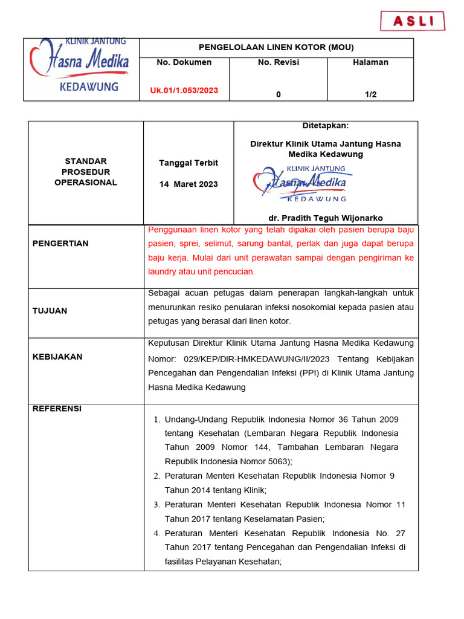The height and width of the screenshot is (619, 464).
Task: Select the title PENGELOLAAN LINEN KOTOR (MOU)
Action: coord(276,48)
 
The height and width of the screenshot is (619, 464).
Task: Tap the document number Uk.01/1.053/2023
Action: coord(184,91)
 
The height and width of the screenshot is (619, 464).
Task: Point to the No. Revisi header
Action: coord(278,62)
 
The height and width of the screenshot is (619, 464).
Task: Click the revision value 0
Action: coord(278,94)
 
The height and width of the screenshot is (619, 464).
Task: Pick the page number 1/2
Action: coord(370,94)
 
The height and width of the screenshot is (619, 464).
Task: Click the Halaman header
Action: coord(370,62)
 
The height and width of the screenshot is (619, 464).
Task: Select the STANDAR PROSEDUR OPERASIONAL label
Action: coord(86,172)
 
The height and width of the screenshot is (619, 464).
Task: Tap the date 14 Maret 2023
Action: coord(188,184)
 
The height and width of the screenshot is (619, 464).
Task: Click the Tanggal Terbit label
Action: coord(188,163)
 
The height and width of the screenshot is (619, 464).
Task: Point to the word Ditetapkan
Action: coord(325,126)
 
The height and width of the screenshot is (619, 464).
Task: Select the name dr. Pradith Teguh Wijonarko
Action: coord(325,218)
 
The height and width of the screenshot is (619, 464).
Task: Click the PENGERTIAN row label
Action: coord(60,244)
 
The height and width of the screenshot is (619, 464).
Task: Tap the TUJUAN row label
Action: coord(50,311)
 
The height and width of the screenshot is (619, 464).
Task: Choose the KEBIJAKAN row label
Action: coord(57,357)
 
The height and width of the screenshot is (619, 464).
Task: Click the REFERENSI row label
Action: coord(57,409)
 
